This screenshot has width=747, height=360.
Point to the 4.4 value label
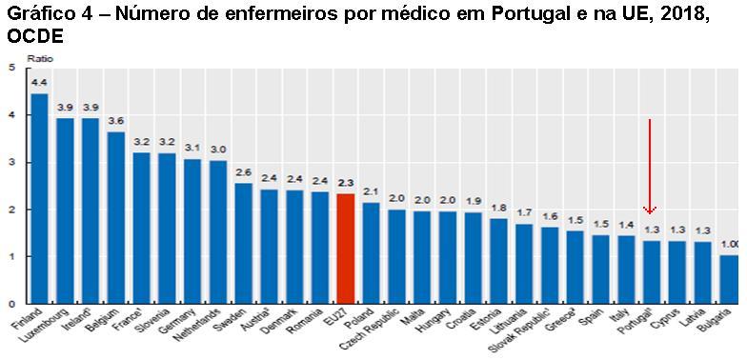39,83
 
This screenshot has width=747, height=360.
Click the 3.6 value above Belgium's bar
116,121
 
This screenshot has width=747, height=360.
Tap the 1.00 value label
728,245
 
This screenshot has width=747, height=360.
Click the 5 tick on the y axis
10,68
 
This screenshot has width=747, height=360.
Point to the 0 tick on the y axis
10,304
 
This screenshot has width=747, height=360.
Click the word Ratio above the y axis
39,58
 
